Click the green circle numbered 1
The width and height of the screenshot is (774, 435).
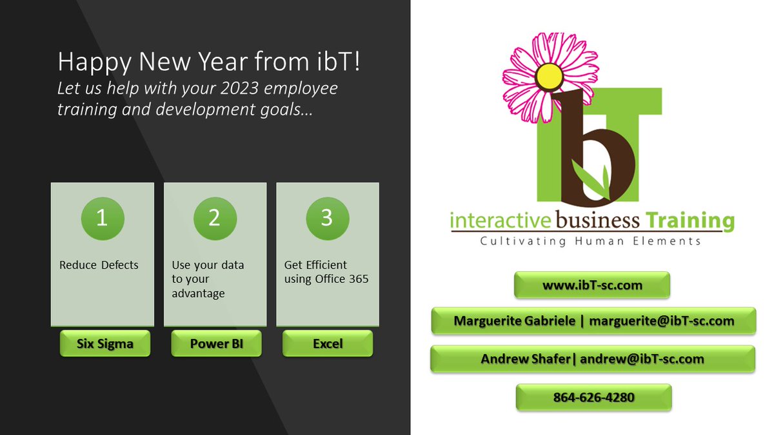coord(102,218)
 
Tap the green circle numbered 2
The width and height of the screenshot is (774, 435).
coord(215,218)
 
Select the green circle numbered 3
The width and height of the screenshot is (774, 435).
coord(327,218)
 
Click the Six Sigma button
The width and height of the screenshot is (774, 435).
coord(104,343)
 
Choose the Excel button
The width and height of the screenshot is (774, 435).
coord(328,343)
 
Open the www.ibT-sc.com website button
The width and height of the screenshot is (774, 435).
coord(591,285)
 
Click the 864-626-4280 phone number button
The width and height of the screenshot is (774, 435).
coord(593,397)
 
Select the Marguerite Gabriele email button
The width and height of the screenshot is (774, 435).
coord(593,321)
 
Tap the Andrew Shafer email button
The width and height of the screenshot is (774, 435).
coord(592,359)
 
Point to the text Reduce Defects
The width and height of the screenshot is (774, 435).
coord(99,265)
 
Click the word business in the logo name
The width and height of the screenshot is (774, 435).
coord(597,221)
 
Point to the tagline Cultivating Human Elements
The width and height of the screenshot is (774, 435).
coord(590,242)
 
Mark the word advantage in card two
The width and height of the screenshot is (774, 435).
coord(198,294)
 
